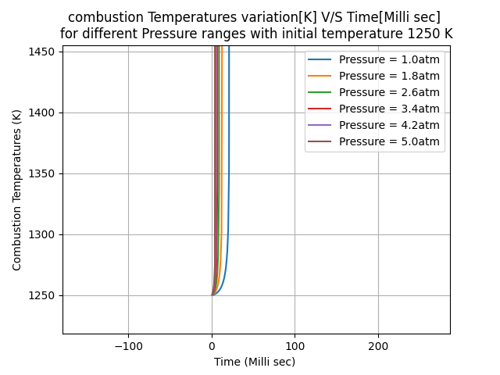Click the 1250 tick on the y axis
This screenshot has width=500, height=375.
pyautogui.click(x=43, y=295)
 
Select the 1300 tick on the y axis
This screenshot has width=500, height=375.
pyautogui.click(x=43, y=234)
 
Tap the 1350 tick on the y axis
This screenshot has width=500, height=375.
pyautogui.click(x=43, y=173)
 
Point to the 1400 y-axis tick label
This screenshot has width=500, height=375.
pyautogui.click(x=43, y=112)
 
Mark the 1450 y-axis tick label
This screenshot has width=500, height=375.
pyautogui.click(x=43, y=52)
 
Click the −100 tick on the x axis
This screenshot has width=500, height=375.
pyautogui.click(x=128, y=345)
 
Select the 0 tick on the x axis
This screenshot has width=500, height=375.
pyautogui.click(x=212, y=345)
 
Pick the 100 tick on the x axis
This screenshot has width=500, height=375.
pyautogui.click(x=295, y=345)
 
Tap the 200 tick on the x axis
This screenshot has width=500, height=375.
pyautogui.click(x=378, y=345)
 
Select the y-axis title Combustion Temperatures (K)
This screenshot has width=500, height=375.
pyautogui.click(x=17, y=190)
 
